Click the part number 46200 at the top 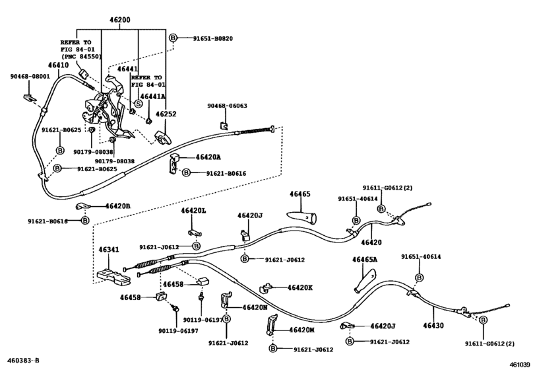[x=120, y=21]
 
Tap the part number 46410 [x=58, y=65]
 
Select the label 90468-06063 [x=228, y=106]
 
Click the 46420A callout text [x=208, y=157]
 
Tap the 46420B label [x=117, y=206]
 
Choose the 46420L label [x=194, y=210]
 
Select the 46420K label [x=300, y=287]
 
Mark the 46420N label [x=254, y=307]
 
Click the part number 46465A [x=365, y=260]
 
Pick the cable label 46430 [x=428, y=325]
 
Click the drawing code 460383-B [x=22, y=361]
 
